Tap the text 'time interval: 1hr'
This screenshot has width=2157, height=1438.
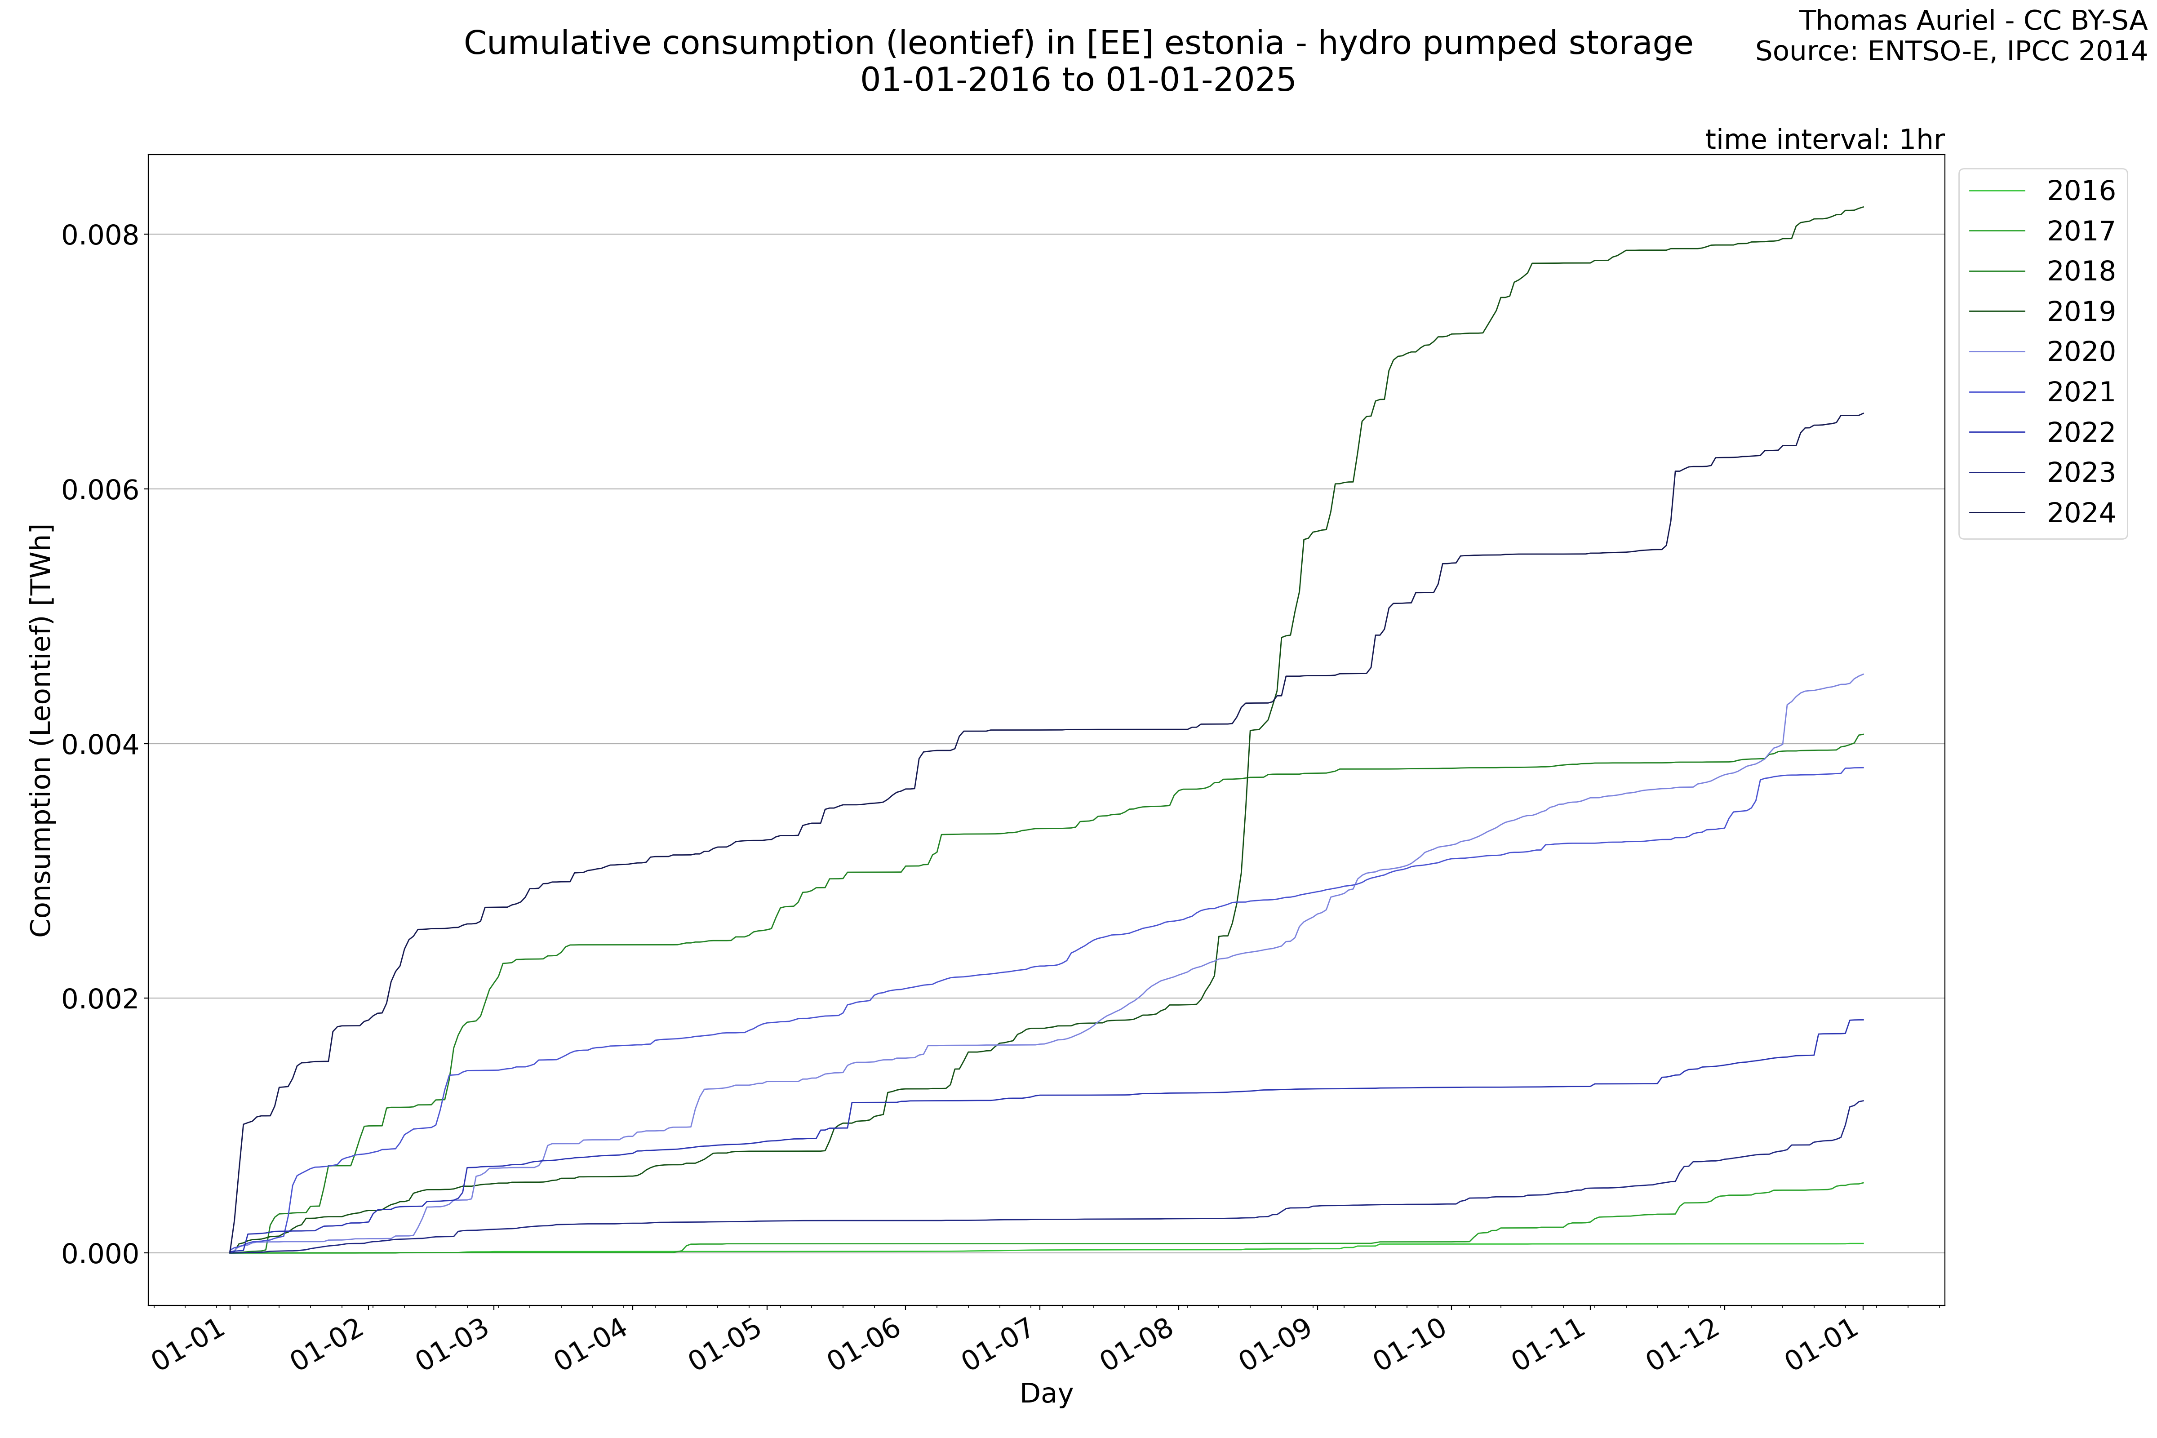pos(1824,139)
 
